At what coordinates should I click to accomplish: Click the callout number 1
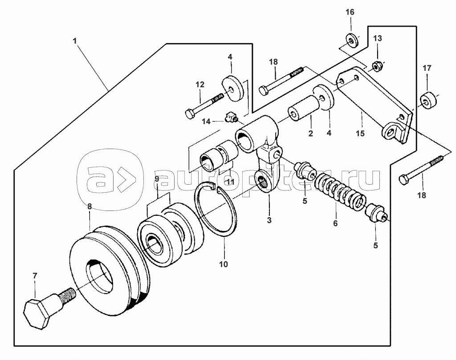(x=75, y=41)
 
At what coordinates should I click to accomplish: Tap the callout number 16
(x=350, y=12)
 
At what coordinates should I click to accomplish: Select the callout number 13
(x=378, y=38)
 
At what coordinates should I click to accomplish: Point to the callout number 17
(x=427, y=68)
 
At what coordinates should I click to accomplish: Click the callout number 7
(x=35, y=276)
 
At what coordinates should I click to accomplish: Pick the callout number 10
(x=224, y=264)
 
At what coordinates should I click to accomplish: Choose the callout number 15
(x=360, y=133)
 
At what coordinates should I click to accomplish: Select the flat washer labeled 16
(x=352, y=41)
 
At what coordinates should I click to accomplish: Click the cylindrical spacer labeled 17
(x=428, y=101)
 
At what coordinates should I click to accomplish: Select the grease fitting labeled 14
(x=232, y=117)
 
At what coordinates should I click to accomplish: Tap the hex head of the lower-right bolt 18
(x=404, y=179)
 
